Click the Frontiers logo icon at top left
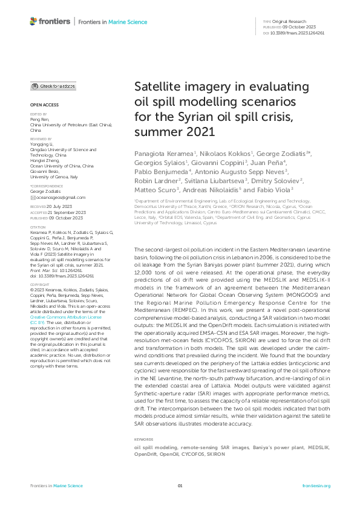34,22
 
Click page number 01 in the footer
180,485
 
